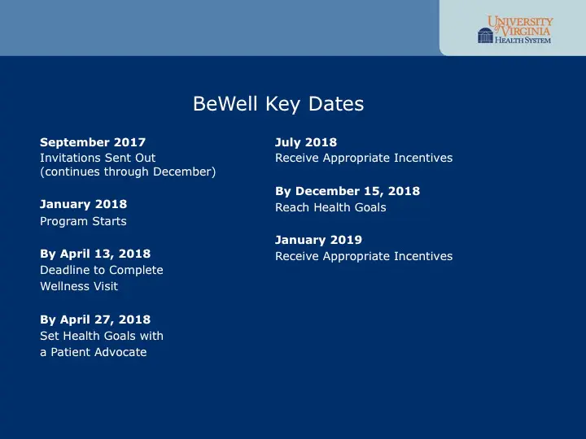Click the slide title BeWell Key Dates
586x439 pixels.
[x=278, y=104]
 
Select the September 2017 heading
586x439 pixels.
[x=93, y=142]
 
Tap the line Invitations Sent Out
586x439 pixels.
[x=98, y=158]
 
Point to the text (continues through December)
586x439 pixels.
[x=128, y=172]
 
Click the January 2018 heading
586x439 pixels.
[x=83, y=204]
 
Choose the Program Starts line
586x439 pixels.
[x=83, y=221]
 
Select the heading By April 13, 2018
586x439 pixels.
[x=95, y=254]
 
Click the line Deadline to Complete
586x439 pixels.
[x=102, y=270]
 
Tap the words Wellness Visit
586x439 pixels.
[x=79, y=286]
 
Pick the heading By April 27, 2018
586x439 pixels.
[x=95, y=319]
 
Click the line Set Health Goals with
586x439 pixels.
[x=102, y=336]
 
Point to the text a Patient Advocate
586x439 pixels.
[x=94, y=352]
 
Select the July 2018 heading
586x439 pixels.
[x=306, y=142]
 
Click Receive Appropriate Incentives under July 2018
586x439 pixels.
[x=364, y=158]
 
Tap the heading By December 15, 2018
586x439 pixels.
[x=348, y=191]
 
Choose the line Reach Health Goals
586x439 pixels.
[x=330, y=207]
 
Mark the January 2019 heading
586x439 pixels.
[x=318, y=240]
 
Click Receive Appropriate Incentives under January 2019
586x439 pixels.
[x=364, y=256]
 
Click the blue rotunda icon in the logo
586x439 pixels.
[x=486, y=35]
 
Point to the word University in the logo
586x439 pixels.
[x=521, y=21]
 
